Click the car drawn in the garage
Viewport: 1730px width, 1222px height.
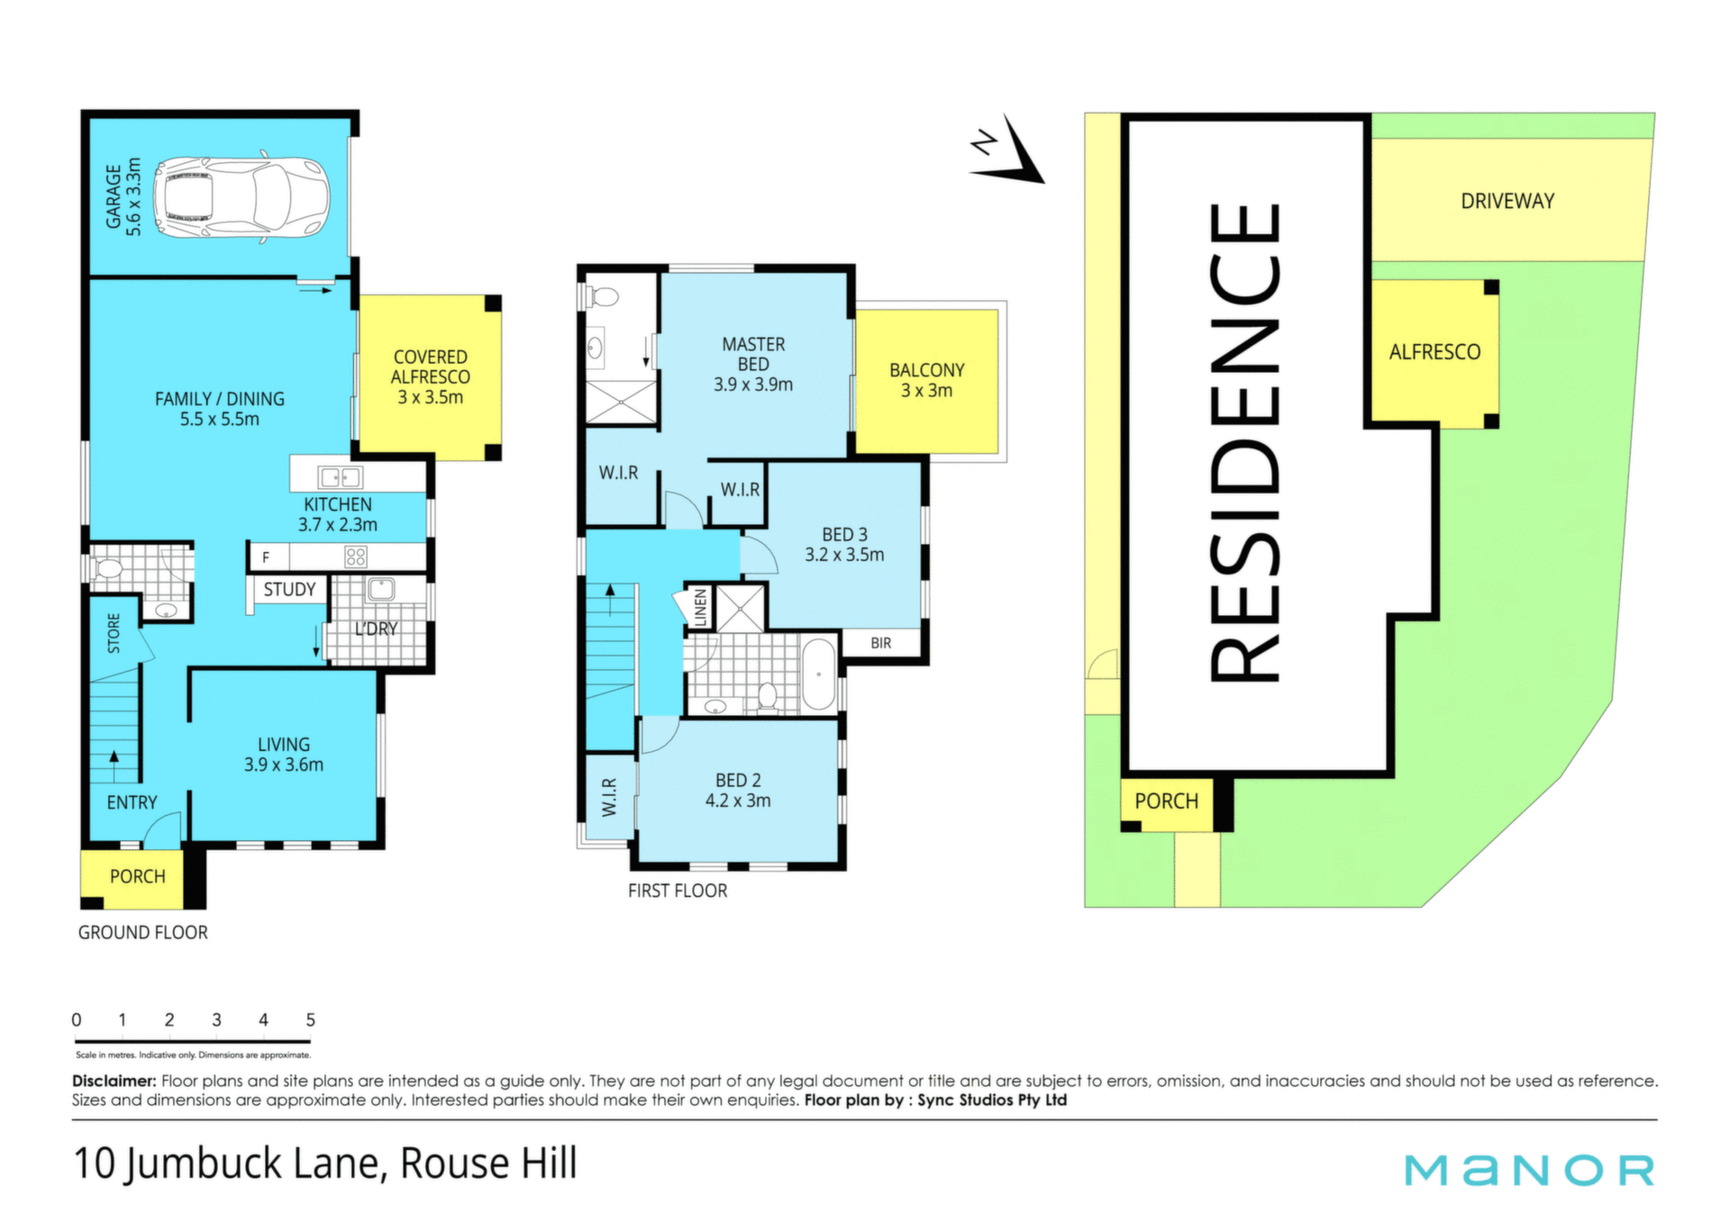click(241, 197)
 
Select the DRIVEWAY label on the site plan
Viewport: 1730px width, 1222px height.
click(1507, 201)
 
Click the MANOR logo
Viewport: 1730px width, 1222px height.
click(1530, 1170)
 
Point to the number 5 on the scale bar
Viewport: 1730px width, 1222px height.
click(310, 1019)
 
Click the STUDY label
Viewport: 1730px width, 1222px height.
click(289, 589)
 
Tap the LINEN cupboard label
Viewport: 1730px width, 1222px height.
click(700, 607)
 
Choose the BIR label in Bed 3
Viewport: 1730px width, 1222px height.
click(881, 643)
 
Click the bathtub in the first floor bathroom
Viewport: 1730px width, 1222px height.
click(818, 674)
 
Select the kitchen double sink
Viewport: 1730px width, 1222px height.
click(341, 477)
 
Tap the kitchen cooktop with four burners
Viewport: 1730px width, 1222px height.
click(356, 557)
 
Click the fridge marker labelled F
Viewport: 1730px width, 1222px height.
click(266, 557)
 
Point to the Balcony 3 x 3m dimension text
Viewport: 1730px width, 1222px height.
click(927, 391)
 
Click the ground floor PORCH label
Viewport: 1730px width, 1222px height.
click(138, 876)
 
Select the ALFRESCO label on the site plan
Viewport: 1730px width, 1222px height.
click(1434, 352)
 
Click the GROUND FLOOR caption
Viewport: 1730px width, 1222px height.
click(142, 933)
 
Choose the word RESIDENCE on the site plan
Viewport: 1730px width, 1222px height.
click(1243, 443)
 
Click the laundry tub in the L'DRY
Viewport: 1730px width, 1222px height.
click(380, 590)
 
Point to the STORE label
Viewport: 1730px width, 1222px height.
click(114, 633)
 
